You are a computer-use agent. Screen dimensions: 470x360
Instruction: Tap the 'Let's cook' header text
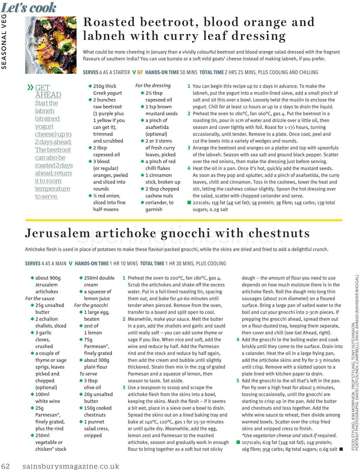(x=28, y=7)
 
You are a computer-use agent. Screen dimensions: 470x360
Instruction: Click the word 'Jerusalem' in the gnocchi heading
(x=57, y=233)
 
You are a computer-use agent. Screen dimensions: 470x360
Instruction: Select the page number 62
(x=6, y=466)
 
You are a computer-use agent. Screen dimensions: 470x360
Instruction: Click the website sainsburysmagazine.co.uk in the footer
(x=71, y=466)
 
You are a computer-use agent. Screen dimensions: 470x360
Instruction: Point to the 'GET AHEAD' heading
(x=48, y=91)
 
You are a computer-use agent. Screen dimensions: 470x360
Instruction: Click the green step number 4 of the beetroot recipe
(x=189, y=168)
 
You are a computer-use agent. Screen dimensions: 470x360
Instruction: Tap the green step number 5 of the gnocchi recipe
(x=238, y=381)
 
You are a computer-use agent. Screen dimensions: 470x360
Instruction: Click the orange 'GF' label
(x=140, y=72)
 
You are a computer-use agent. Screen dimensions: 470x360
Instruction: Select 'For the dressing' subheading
(x=153, y=85)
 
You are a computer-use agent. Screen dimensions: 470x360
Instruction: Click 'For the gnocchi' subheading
(x=91, y=305)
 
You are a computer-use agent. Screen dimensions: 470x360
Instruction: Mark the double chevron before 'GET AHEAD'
(x=30, y=88)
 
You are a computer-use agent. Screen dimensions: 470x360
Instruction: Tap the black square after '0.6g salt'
(x=341, y=449)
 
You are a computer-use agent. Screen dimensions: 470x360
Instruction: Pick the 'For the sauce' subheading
(x=40, y=298)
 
